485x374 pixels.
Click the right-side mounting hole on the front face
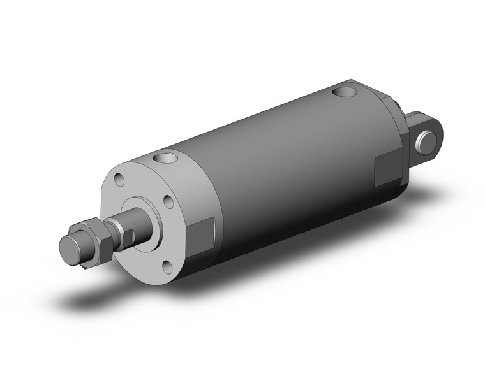point(168,202)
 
